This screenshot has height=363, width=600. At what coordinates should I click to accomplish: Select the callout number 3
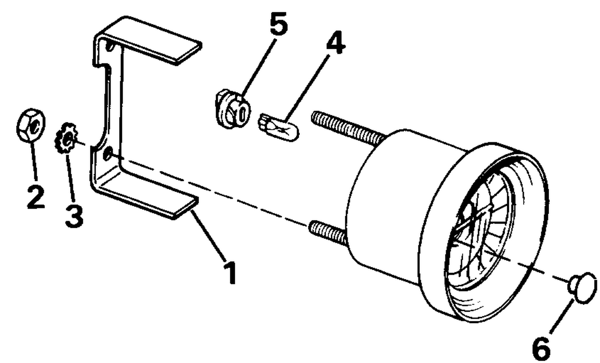coord(74,216)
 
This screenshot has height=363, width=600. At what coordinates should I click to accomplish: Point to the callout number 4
coord(336,42)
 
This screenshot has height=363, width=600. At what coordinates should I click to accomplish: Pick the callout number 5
coord(278,24)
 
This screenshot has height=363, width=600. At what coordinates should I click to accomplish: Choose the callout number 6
coord(541,349)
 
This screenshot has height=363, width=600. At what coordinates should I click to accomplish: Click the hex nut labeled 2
coord(30,125)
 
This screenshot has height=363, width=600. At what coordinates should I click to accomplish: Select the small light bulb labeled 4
coord(279,127)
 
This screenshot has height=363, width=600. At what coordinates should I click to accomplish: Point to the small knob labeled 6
coord(582,288)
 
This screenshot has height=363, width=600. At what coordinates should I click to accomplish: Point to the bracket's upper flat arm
coord(150,40)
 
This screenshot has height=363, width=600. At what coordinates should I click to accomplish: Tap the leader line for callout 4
coord(307,88)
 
